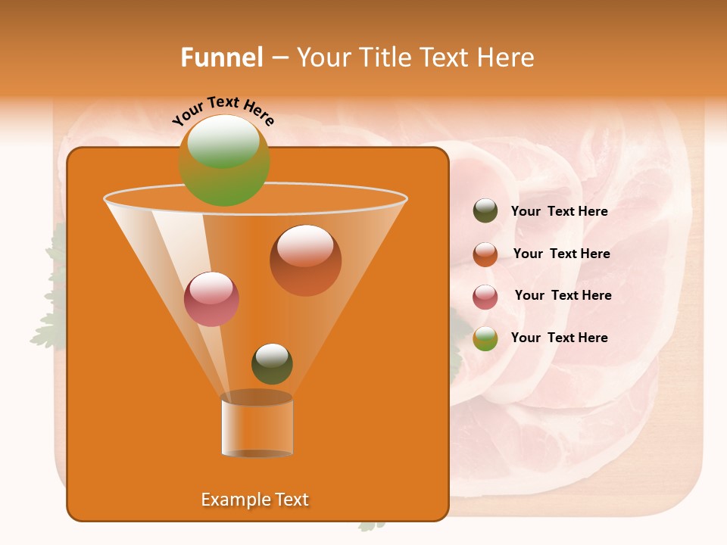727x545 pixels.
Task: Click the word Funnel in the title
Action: click(221, 58)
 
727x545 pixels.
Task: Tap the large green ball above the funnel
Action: click(224, 160)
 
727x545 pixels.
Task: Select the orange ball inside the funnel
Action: click(305, 260)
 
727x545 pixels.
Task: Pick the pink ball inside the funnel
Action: click(211, 299)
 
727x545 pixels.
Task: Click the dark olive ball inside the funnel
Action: click(272, 363)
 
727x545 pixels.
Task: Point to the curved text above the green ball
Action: click(223, 111)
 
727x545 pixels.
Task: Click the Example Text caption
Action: click(254, 500)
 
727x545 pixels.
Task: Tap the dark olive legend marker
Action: click(485, 211)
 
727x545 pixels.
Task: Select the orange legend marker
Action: click(485, 254)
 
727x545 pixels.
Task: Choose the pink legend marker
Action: click(485, 296)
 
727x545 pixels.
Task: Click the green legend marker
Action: click(485, 338)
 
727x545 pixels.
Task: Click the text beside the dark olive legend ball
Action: click(559, 212)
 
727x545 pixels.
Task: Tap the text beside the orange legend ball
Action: click(561, 254)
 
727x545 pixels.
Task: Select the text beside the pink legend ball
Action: click(563, 296)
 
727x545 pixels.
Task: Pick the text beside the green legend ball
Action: click(559, 338)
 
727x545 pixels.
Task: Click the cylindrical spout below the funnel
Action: click(257, 425)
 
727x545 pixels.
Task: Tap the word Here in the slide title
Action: click(507, 58)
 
